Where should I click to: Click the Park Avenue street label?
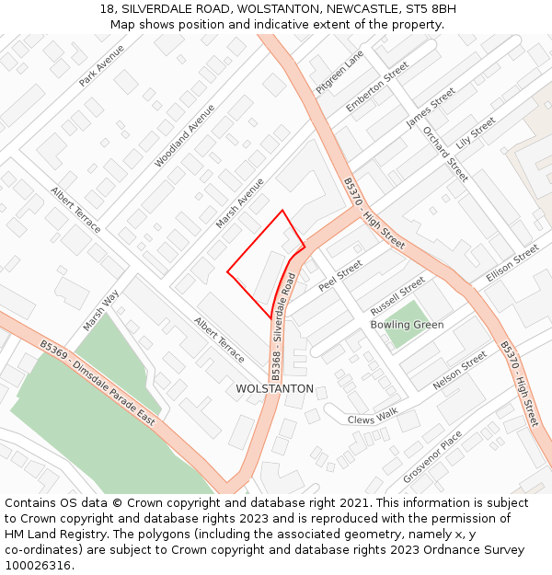click(101, 66)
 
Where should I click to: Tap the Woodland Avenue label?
click(184, 135)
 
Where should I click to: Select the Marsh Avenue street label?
click(239, 204)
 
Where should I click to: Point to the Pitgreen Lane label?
click(339, 73)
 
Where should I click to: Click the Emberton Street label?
click(377, 88)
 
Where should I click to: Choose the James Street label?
click(431, 108)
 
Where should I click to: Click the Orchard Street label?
click(445, 152)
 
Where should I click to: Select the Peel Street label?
click(340, 275)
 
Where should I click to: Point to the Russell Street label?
click(397, 294)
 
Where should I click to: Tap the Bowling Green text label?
click(407, 325)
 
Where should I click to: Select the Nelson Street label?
click(460, 371)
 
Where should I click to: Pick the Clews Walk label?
click(373, 418)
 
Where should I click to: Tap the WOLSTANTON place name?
click(274, 389)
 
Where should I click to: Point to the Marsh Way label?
click(101, 311)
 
